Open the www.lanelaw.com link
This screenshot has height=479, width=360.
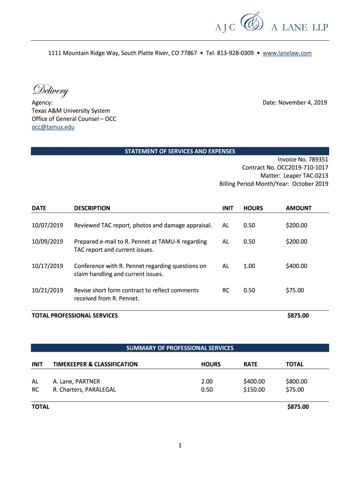coord(287,53)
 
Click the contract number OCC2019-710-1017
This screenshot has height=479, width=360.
coord(302,167)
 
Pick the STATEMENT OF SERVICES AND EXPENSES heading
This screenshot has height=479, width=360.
coord(180,151)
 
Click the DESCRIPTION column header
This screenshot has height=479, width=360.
coord(92,208)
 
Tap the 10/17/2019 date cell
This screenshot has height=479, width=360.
coord(47,266)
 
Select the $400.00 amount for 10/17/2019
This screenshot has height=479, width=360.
coord(296,266)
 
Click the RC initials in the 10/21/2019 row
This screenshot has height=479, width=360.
coord(226,290)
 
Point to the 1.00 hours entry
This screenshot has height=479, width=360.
coord(249,266)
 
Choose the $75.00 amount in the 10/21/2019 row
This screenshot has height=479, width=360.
coord(295,290)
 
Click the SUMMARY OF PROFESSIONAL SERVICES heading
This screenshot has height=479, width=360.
coord(180,348)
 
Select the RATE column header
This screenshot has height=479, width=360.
coord(251,364)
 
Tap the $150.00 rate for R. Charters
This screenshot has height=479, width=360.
coord(254,390)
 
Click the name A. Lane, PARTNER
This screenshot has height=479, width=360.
coord(76,382)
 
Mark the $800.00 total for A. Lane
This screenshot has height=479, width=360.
coord(296,382)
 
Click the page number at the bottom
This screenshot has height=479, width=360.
coord(180,446)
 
